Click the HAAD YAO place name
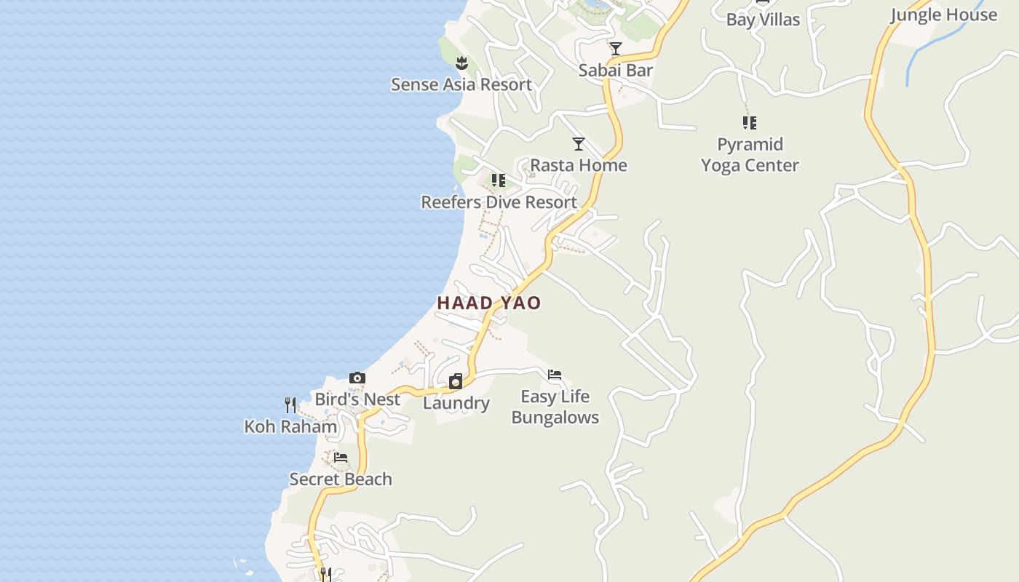488,303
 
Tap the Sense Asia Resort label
461,84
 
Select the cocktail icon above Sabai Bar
616,49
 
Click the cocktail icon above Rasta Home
579,144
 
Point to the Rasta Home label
579,165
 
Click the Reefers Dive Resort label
499,202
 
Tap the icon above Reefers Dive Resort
499,180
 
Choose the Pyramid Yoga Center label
750,154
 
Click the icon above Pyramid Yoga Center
750,122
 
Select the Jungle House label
943,15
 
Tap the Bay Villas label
763,20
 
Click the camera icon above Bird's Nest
357,378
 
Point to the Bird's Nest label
357,399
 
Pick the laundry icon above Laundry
456,381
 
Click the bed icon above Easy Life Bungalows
555,375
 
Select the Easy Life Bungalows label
555,407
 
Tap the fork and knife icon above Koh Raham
290,404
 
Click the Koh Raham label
290,426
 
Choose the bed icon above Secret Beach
340,458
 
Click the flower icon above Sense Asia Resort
461,63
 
